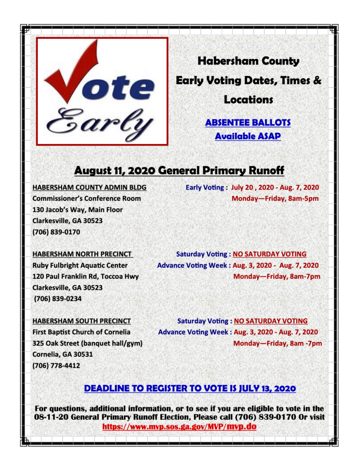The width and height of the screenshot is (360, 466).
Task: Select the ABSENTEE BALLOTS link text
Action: [x=248, y=123]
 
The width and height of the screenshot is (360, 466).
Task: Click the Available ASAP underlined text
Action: [x=248, y=136]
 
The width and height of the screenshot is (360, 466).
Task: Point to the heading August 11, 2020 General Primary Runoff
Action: [x=179, y=170]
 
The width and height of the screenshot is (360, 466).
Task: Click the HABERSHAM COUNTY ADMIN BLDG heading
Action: [x=89, y=187]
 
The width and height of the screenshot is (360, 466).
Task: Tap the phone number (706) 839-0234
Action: [x=57, y=298]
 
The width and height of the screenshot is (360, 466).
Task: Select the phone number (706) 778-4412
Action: [x=56, y=365]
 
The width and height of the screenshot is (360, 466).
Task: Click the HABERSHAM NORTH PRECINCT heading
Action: [x=82, y=254]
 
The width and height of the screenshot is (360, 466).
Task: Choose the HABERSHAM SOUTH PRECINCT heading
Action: [x=81, y=321]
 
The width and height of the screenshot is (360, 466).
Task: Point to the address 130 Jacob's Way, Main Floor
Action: [x=77, y=210]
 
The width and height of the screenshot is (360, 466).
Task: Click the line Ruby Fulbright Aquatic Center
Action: [x=80, y=265]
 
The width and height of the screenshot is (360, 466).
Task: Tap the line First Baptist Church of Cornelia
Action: [x=81, y=332]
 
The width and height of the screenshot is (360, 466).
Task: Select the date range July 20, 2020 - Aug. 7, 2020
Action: [x=275, y=187]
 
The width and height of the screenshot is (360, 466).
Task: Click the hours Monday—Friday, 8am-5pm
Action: [x=275, y=199]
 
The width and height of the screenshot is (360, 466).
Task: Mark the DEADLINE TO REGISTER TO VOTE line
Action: [x=190, y=389]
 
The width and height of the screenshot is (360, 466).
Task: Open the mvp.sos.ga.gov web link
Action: [x=179, y=427]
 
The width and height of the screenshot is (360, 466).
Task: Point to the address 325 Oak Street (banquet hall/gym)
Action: [x=87, y=343]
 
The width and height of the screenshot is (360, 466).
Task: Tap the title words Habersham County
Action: [x=248, y=61]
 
